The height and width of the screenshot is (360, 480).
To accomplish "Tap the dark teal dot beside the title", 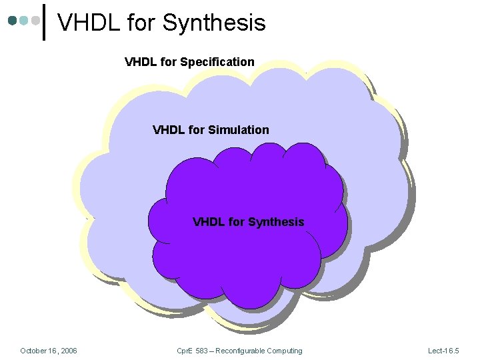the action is pyautogui.click(x=13, y=21).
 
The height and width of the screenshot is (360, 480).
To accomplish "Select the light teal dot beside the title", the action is pyautogui.click(x=24, y=21).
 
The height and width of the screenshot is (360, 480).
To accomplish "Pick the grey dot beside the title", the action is pyautogui.click(x=35, y=21).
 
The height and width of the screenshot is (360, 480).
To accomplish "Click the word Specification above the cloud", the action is pyautogui.click(x=217, y=62).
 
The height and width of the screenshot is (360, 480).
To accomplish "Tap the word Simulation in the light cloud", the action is pyautogui.click(x=239, y=130).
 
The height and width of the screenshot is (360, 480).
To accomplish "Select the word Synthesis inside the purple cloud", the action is pyautogui.click(x=276, y=222).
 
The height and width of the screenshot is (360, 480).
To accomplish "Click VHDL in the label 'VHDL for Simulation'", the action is pyautogui.click(x=169, y=130).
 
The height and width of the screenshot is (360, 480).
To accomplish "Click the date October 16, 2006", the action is pyautogui.click(x=49, y=351).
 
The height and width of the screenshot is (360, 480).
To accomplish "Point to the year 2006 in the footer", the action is pyautogui.click(x=68, y=351).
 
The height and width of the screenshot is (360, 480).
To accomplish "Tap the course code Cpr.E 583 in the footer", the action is pyautogui.click(x=193, y=351).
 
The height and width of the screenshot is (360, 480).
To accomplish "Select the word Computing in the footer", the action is pyautogui.click(x=286, y=351).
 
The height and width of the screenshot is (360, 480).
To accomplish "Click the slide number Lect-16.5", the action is pyautogui.click(x=443, y=351).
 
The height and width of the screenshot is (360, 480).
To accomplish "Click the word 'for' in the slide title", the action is pyautogui.click(x=140, y=23).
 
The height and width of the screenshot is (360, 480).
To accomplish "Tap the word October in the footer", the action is pyautogui.click(x=33, y=351).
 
